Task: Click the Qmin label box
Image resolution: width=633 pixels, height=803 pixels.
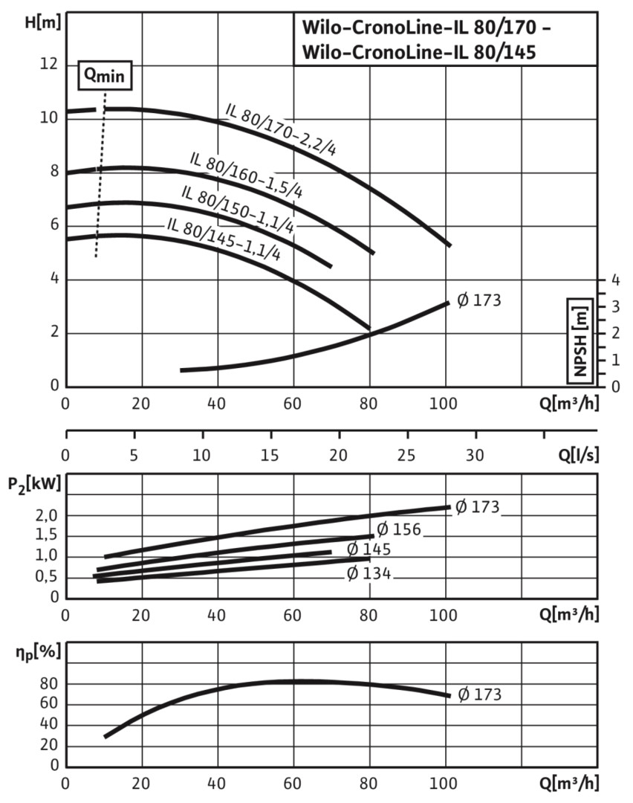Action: tap(102, 75)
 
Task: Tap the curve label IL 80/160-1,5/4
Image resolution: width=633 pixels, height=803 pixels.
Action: tap(246, 174)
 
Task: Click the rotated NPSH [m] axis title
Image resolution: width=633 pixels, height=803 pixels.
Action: tap(580, 339)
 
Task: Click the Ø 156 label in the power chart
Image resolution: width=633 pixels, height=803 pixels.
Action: tap(399, 529)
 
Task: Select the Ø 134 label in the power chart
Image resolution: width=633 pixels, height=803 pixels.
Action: tap(369, 574)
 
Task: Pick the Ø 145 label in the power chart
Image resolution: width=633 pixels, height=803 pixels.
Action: tap(369, 549)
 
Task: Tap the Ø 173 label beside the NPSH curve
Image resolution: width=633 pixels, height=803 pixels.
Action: tap(478, 301)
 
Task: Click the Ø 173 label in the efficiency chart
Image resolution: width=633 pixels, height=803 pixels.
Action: tap(478, 694)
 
